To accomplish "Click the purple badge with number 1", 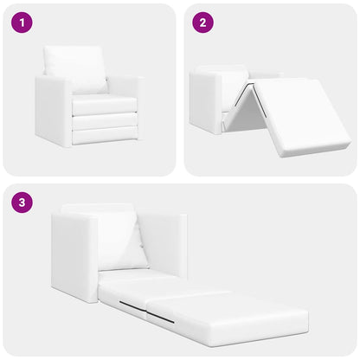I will [22, 23].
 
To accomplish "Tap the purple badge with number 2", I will [203, 23].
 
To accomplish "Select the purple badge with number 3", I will [22, 203].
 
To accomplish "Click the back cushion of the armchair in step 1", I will [75, 67].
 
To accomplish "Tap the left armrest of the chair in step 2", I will [204, 102].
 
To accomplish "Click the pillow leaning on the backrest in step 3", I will [121, 242].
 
